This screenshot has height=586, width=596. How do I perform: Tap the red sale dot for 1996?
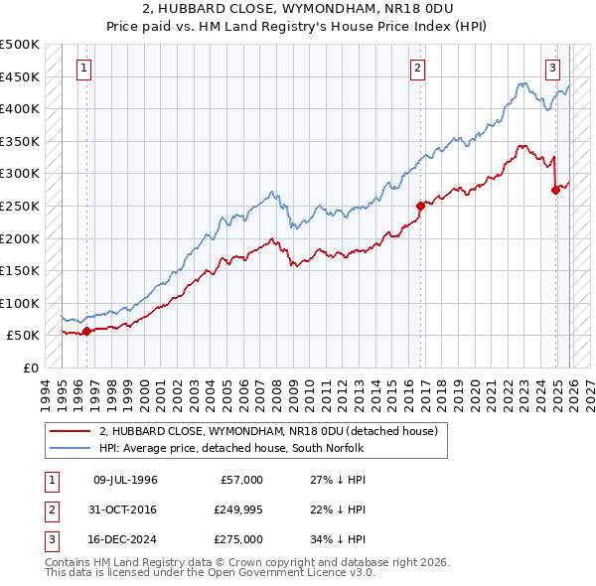tap(86, 332)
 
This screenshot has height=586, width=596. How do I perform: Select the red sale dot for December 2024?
tap(555, 191)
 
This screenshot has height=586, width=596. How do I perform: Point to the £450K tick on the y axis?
tap(21, 76)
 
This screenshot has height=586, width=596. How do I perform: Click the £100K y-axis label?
tap(21, 303)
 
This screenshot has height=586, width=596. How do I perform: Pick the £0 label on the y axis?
tap(31, 367)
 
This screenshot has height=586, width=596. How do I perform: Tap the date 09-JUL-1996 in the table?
tap(125, 480)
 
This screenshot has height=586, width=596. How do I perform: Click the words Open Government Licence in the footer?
tap(287, 572)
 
